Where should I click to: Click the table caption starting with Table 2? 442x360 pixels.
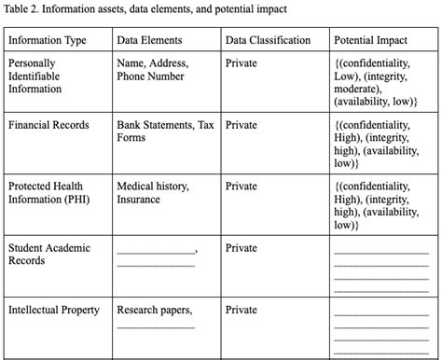tap(145, 9)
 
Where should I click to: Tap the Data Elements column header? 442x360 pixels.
tap(149, 41)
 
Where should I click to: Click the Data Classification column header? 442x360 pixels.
tap(268, 41)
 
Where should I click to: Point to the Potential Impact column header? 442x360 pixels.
tap(372, 41)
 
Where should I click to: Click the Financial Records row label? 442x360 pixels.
tap(48, 124)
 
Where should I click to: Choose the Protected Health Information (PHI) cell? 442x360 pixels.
tap(50, 192)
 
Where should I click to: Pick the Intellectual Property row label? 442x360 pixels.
tap(54, 310)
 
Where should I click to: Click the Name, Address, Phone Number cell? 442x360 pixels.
tap(152, 70)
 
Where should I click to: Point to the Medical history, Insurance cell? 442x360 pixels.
tap(152, 192)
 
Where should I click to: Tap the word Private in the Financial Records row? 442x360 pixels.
tap(241, 124)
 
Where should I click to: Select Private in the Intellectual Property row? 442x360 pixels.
tap(241, 310)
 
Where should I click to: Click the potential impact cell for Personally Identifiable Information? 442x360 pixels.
tap(375, 82)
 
